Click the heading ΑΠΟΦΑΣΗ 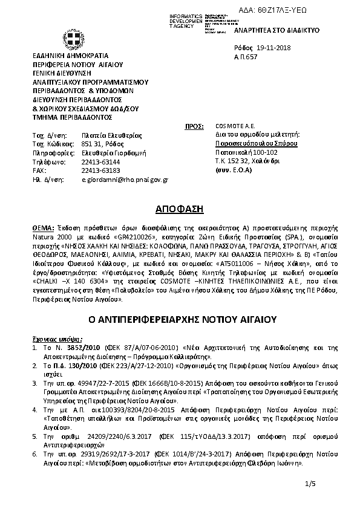pos(179,209)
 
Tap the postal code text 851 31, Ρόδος pos(103,144)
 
